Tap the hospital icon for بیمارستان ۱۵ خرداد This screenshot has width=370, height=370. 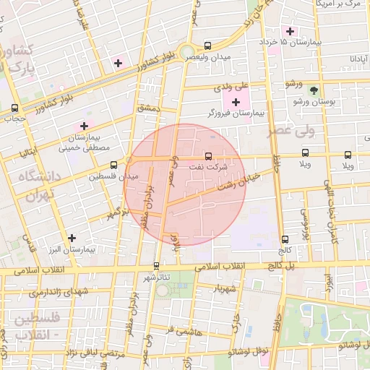(291, 32)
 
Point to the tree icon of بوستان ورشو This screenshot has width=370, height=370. (313, 90)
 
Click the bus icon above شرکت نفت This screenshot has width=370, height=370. (208, 155)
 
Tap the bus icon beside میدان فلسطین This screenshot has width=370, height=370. (104, 165)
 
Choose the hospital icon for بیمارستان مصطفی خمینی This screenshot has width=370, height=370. (84, 126)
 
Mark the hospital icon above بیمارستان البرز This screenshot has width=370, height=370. (72, 238)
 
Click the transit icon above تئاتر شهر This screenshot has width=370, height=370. (157, 266)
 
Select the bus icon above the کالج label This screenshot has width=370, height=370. (285, 239)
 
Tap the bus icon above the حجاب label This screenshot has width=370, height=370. (15, 108)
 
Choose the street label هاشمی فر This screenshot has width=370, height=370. (181, 330)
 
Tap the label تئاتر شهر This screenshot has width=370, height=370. (157, 277)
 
